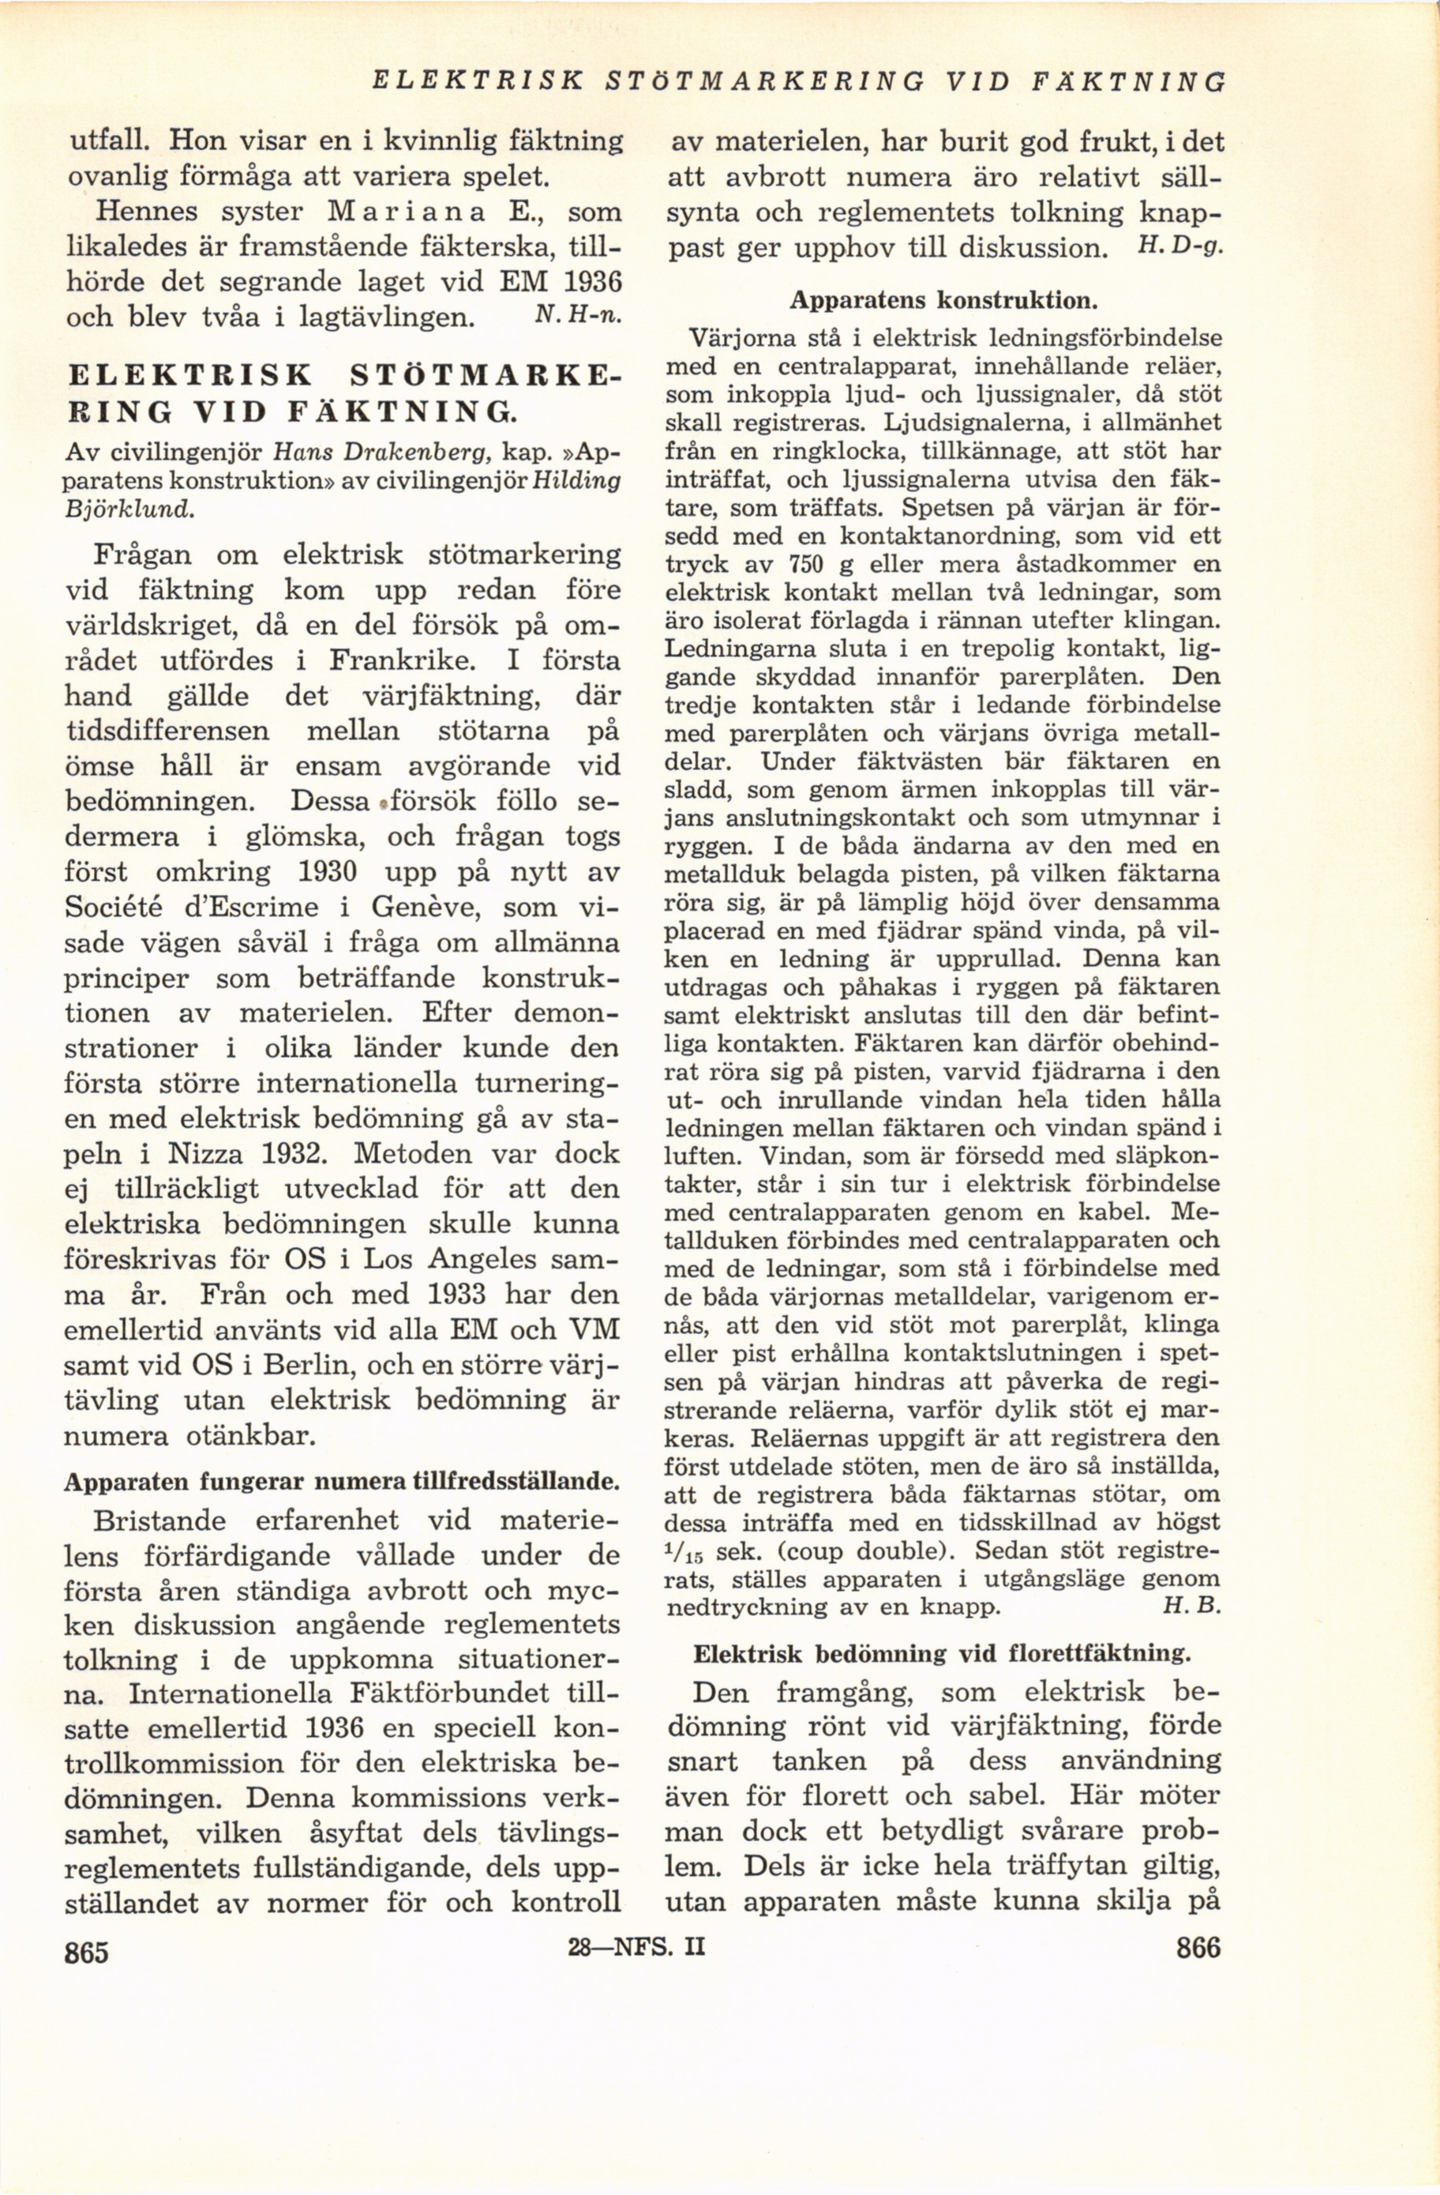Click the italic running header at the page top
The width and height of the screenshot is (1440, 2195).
[798, 82]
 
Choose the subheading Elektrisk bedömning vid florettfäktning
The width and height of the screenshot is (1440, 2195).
[941, 1652]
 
